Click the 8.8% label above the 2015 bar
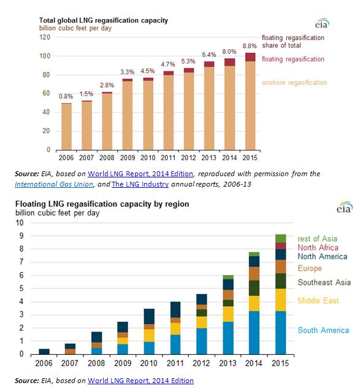250,46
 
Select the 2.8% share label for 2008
107,85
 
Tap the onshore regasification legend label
294,82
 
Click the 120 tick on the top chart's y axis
45,37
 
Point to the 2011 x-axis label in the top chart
168,158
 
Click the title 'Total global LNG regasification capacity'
104,20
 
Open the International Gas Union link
54,184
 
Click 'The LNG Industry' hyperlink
140,184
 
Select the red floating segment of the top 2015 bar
250,57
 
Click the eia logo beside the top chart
322,23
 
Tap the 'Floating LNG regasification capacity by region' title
102,204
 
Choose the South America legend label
323,330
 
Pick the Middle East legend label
318,301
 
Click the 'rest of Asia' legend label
317,239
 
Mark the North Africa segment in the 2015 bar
281,246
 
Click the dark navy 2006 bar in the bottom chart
44,351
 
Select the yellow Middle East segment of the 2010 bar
149,336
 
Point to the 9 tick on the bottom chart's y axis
21,236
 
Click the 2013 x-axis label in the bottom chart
228,363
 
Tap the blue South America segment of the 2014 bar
254,333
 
